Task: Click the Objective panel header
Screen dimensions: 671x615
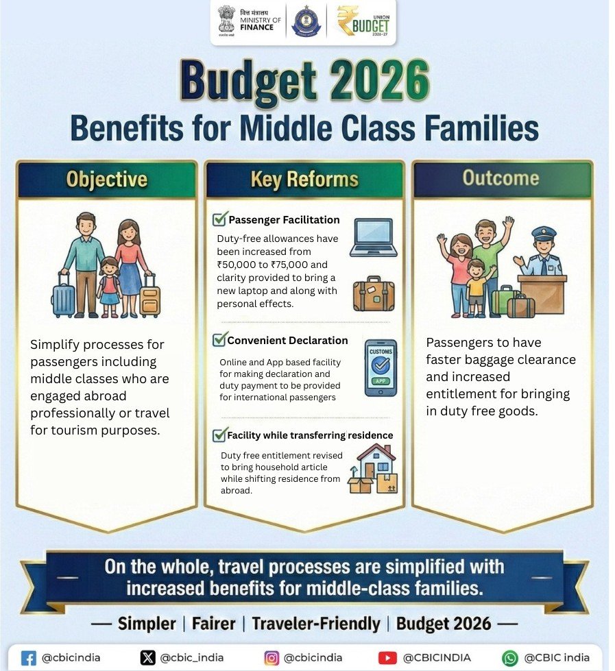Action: coord(106,180)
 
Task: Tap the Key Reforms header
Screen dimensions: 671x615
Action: coord(304,180)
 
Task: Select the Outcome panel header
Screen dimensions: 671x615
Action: coord(501,178)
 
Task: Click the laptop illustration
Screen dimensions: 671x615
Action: coord(373,238)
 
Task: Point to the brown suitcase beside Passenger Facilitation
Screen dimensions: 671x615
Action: coord(374,294)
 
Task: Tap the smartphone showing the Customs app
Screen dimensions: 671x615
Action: coord(381,367)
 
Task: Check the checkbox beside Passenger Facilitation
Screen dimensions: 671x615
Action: coord(220,219)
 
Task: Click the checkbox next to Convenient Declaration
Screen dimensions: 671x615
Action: coord(220,340)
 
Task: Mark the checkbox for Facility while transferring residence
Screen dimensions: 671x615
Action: coord(220,435)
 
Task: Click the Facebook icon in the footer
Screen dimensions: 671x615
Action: coord(29,658)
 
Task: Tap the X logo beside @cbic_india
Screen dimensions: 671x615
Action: coord(147,658)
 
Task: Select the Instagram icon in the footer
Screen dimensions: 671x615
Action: coord(272,658)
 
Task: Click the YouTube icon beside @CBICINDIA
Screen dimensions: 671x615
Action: coord(387,658)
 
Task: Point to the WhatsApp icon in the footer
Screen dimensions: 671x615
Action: coord(510,658)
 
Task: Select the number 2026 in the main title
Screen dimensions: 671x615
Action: coord(370,81)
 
